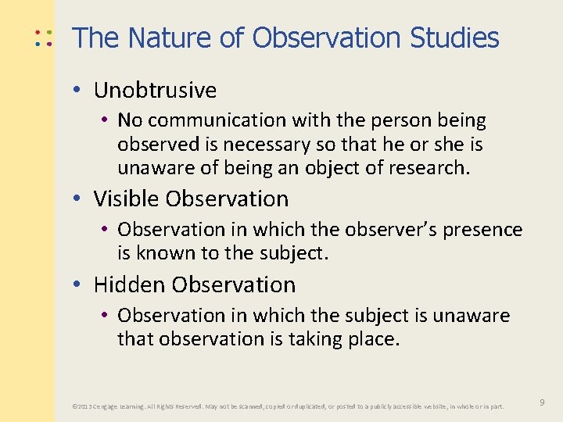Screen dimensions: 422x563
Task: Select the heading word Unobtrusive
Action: (155, 91)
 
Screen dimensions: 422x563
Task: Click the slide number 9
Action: (542, 402)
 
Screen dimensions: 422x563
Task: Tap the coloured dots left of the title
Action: (43, 38)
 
